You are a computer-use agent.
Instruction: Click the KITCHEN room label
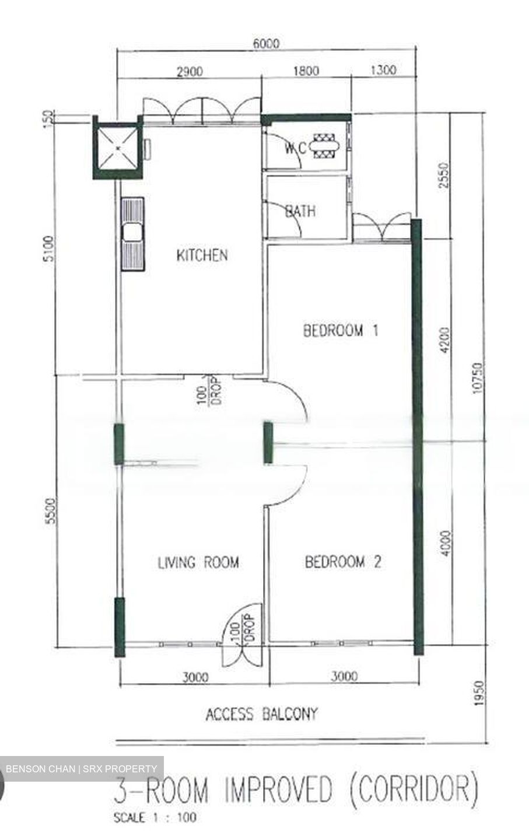click(x=202, y=255)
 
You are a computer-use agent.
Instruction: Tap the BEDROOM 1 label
click(x=341, y=331)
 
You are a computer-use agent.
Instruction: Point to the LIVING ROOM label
click(x=198, y=562)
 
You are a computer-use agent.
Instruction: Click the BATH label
click(x=301, y=211)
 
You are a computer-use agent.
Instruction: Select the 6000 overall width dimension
click(x=266, y=43)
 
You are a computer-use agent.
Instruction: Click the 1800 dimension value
click(x=306, y=71)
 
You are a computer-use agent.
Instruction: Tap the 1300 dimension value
click(x=383, y=71)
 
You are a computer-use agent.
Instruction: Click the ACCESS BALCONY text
click(x=261, y=713)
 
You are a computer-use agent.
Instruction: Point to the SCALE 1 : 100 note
click(x=155, y=817)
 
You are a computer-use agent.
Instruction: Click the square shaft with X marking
click(x=118, y=148)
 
